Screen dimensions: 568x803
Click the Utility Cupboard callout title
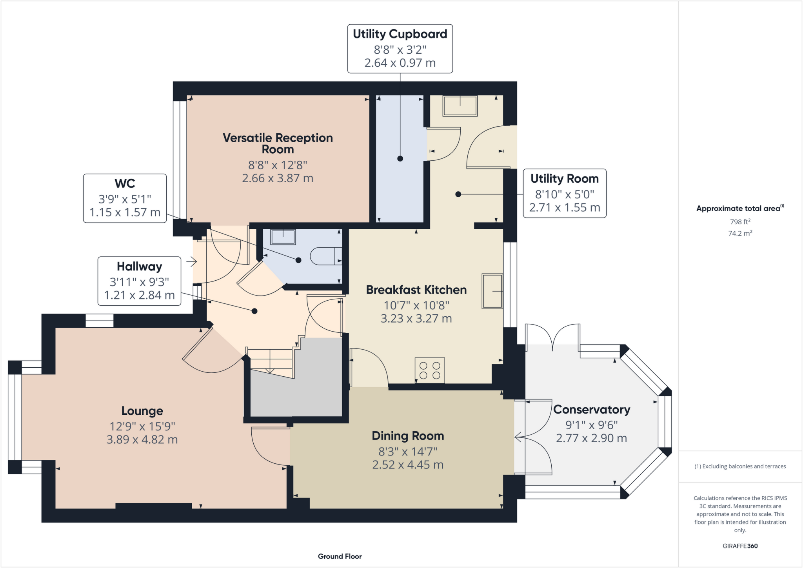click(x=400, y=34)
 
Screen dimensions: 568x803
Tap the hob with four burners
click(x=430, y=370)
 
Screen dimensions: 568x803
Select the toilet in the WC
click(x=325, y=256)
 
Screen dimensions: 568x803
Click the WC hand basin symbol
click(x=283, y=237)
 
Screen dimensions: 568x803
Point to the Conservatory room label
click(x=591, y=410)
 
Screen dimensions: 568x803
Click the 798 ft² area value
click(x=740, y=222)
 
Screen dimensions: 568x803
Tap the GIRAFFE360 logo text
click(x=740, y=546)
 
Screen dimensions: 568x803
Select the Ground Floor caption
click(x=340, y=556)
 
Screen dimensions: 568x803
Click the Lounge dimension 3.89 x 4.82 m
click(x=142, y=439)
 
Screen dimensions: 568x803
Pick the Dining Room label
click(x=408, y=436)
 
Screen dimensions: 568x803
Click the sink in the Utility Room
click(x=460, y=106)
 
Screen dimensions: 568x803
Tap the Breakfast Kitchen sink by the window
click(x=492, y=291)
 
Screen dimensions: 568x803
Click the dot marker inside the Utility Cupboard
click(x=400, y=159)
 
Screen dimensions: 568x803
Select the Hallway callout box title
click(x=139, y=267)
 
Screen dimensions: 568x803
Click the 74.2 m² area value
click(x=740, y=233)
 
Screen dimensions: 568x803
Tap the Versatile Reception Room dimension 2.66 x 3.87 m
click(x=277, y=178)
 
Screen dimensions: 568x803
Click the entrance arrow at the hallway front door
click(x=191, y=261)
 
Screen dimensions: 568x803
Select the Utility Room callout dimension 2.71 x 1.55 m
click(x=564, y=208)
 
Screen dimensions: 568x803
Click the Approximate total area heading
click(x=739, y=209)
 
